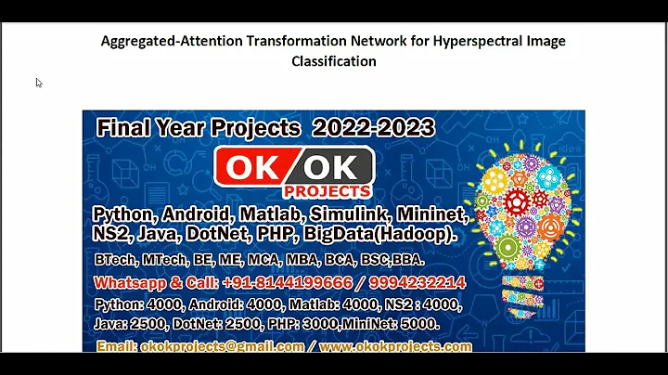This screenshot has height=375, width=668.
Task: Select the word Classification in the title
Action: pos(334,61)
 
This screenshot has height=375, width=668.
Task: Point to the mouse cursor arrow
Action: pos(39,83)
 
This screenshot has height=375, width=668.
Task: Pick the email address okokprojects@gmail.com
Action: pos(223,346)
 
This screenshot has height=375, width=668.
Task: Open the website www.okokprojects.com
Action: pos(395,346)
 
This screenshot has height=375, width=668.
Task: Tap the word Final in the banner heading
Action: pos(127,127)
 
